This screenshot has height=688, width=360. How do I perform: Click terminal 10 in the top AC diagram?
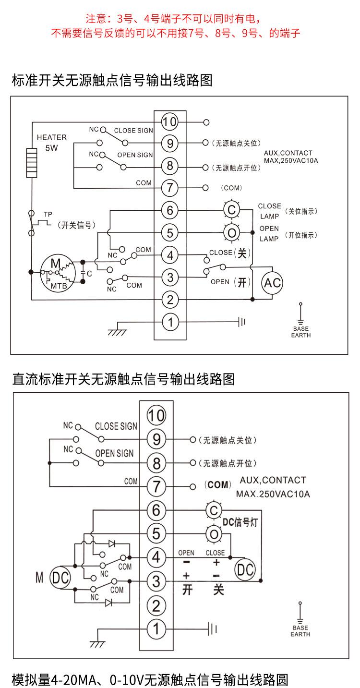click(x=169, y=122)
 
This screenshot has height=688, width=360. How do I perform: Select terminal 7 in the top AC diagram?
click(x=169, y=188)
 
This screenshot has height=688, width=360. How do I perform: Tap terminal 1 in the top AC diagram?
click(x=169, y=322)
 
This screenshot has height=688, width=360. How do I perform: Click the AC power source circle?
click(x=272, y=283)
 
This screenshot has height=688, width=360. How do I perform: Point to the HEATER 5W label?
click(x=51, y=143)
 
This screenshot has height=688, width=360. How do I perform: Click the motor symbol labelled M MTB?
click(x=58, y=274)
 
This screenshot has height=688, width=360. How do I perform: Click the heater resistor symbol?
click(x=32, y=163)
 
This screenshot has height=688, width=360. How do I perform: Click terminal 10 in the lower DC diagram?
click(x=156, y=415)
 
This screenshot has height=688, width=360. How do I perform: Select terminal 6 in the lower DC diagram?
click(x=156, y=510)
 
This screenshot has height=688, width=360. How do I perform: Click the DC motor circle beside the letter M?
click(x=61, y=579)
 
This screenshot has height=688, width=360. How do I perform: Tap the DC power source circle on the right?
click(x=245, y=570)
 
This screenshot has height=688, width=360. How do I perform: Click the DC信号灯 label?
click(x=240, y=522)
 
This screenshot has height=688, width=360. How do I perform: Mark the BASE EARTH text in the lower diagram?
click(x=300, y=631)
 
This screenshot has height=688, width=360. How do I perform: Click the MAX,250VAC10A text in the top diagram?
click(x=291, y=160)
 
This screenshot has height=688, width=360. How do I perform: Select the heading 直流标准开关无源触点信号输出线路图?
click(x=123, y=379)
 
